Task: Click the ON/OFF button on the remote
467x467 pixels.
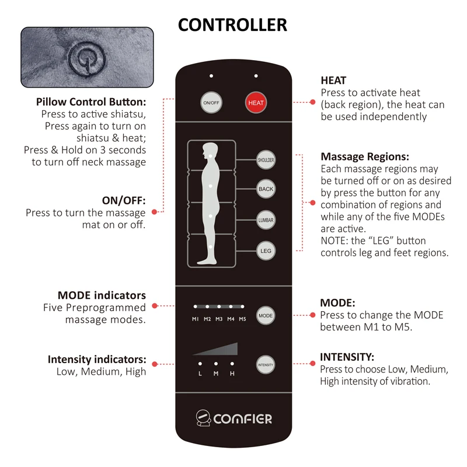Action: (210, 103)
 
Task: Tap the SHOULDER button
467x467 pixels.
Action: (266, 159)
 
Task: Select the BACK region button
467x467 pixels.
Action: (266, 189)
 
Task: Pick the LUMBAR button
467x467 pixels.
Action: (266, 220)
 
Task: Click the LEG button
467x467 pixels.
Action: (266, 251)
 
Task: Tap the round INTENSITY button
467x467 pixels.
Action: (265, 364)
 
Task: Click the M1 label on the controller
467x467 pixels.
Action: (196, 319)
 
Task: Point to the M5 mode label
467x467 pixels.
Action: (242, 319)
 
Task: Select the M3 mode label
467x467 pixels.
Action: (219, 319)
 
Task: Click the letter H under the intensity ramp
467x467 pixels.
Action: (232, 374)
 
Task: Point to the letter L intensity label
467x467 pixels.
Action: (200, 374)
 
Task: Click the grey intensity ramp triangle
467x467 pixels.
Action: (222, 350)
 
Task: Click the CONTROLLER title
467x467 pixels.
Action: (232, 25)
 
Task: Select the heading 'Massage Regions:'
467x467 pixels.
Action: (365, 157)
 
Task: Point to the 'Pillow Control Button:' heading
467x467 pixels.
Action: (90, 102)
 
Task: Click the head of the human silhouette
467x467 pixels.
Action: (208, 149)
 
